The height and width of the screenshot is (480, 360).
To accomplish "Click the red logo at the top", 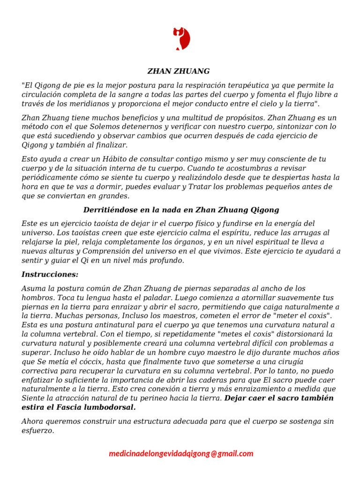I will (181, 39).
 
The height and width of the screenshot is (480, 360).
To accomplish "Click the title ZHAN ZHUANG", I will (179, 71).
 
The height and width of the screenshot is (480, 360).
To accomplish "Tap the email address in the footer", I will (181, 453).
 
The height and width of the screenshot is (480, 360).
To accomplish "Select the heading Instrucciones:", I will (50, 274).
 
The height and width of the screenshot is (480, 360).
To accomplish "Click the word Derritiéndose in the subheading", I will (108, 210).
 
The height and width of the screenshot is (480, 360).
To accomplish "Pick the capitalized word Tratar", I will (200, 187).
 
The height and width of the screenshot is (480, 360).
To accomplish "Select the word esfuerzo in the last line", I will (38, 430).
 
